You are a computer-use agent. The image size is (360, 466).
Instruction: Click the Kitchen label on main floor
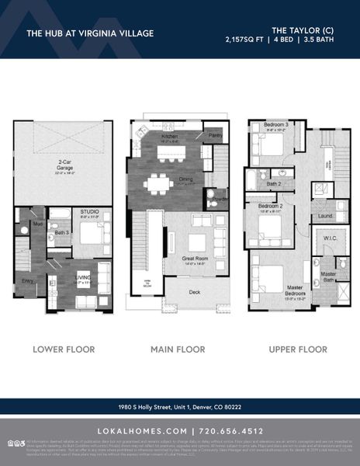click(x=170, y=137)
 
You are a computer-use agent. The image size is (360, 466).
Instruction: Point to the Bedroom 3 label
click(x=275, y=125)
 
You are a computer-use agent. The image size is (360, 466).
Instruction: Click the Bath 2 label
click(x=273, y=184)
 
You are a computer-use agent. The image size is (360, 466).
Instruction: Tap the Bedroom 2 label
click(x=271, y=206)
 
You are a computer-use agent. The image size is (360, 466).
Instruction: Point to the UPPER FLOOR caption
click(x=299, y=349)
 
